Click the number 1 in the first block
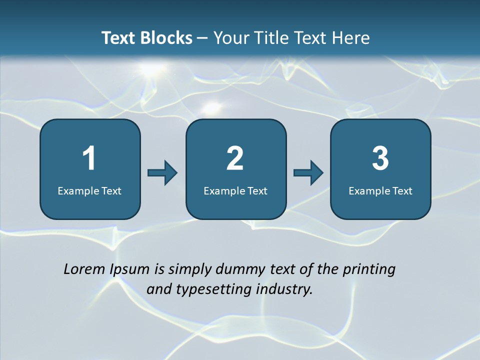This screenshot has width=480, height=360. tap(89, 158)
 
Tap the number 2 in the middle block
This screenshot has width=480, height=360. tap(235, 158)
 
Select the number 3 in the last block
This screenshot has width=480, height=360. tap(380, 158)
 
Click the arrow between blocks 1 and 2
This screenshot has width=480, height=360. tap(162, 173)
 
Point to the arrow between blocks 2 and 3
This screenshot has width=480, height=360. tap(308, 173)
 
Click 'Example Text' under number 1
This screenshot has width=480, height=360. tap(89, 190)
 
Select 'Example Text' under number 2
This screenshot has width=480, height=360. tap(235, 190)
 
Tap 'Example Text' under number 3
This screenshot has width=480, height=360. tap(380, 190)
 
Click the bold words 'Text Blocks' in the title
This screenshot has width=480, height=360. tap(146, 38)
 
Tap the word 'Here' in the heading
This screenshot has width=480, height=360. tap(352, 38)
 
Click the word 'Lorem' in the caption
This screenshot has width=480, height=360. tap(84, 269)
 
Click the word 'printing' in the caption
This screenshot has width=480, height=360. tap(369, 270)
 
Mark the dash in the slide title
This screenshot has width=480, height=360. tap(203, 38)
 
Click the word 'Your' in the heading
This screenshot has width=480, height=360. tap(230, 38)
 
